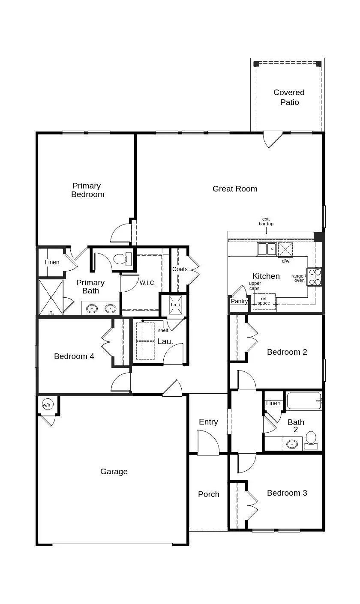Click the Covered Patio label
[x=289, y=97]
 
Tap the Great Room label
[x=235, y=189]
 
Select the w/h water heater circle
[x=46, y=404]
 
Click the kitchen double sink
[x=267, y=249]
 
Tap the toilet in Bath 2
[x=311, y=439]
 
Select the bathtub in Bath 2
[x=304, y=401]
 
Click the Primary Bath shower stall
[x=51, y=297]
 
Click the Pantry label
[x=239, y=301]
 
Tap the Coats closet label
[x=180, y=269]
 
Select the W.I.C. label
[x=147, y=283]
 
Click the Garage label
[x=114, y=472]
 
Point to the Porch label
[x=209, y=494]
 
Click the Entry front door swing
[x=208, y=441]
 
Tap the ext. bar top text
[x=266, y=221]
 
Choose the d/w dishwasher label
[x=285, y=261]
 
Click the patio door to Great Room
[x=273, y=139]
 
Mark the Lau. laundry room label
[x=165, y=341]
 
